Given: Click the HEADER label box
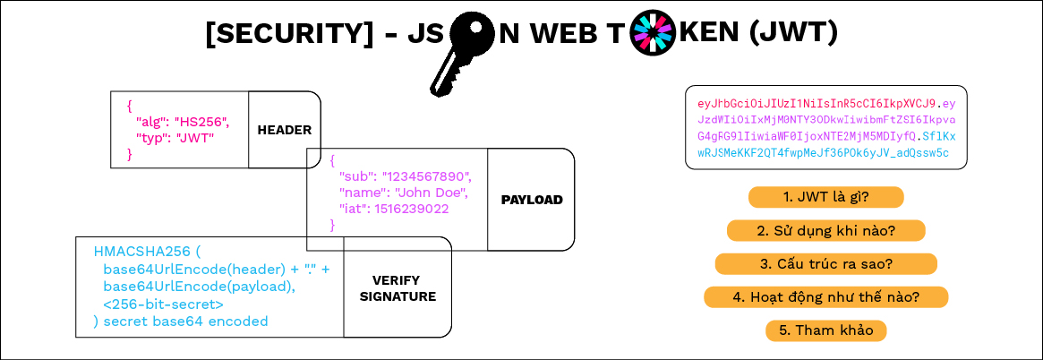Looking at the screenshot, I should point(284,130).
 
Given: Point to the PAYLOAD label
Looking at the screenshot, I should point(531,200).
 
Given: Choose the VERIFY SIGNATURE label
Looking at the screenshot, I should point(398,287).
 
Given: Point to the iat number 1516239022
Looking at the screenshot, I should point(411,209).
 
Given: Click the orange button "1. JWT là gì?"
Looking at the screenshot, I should point(825,197).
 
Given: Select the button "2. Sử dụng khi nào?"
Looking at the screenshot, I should point(825,230).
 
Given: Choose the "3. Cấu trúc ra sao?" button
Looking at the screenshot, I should point(825,263).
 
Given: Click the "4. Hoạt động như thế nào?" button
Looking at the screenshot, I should point(825,296).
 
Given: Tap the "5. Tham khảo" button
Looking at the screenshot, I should point(825,330).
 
